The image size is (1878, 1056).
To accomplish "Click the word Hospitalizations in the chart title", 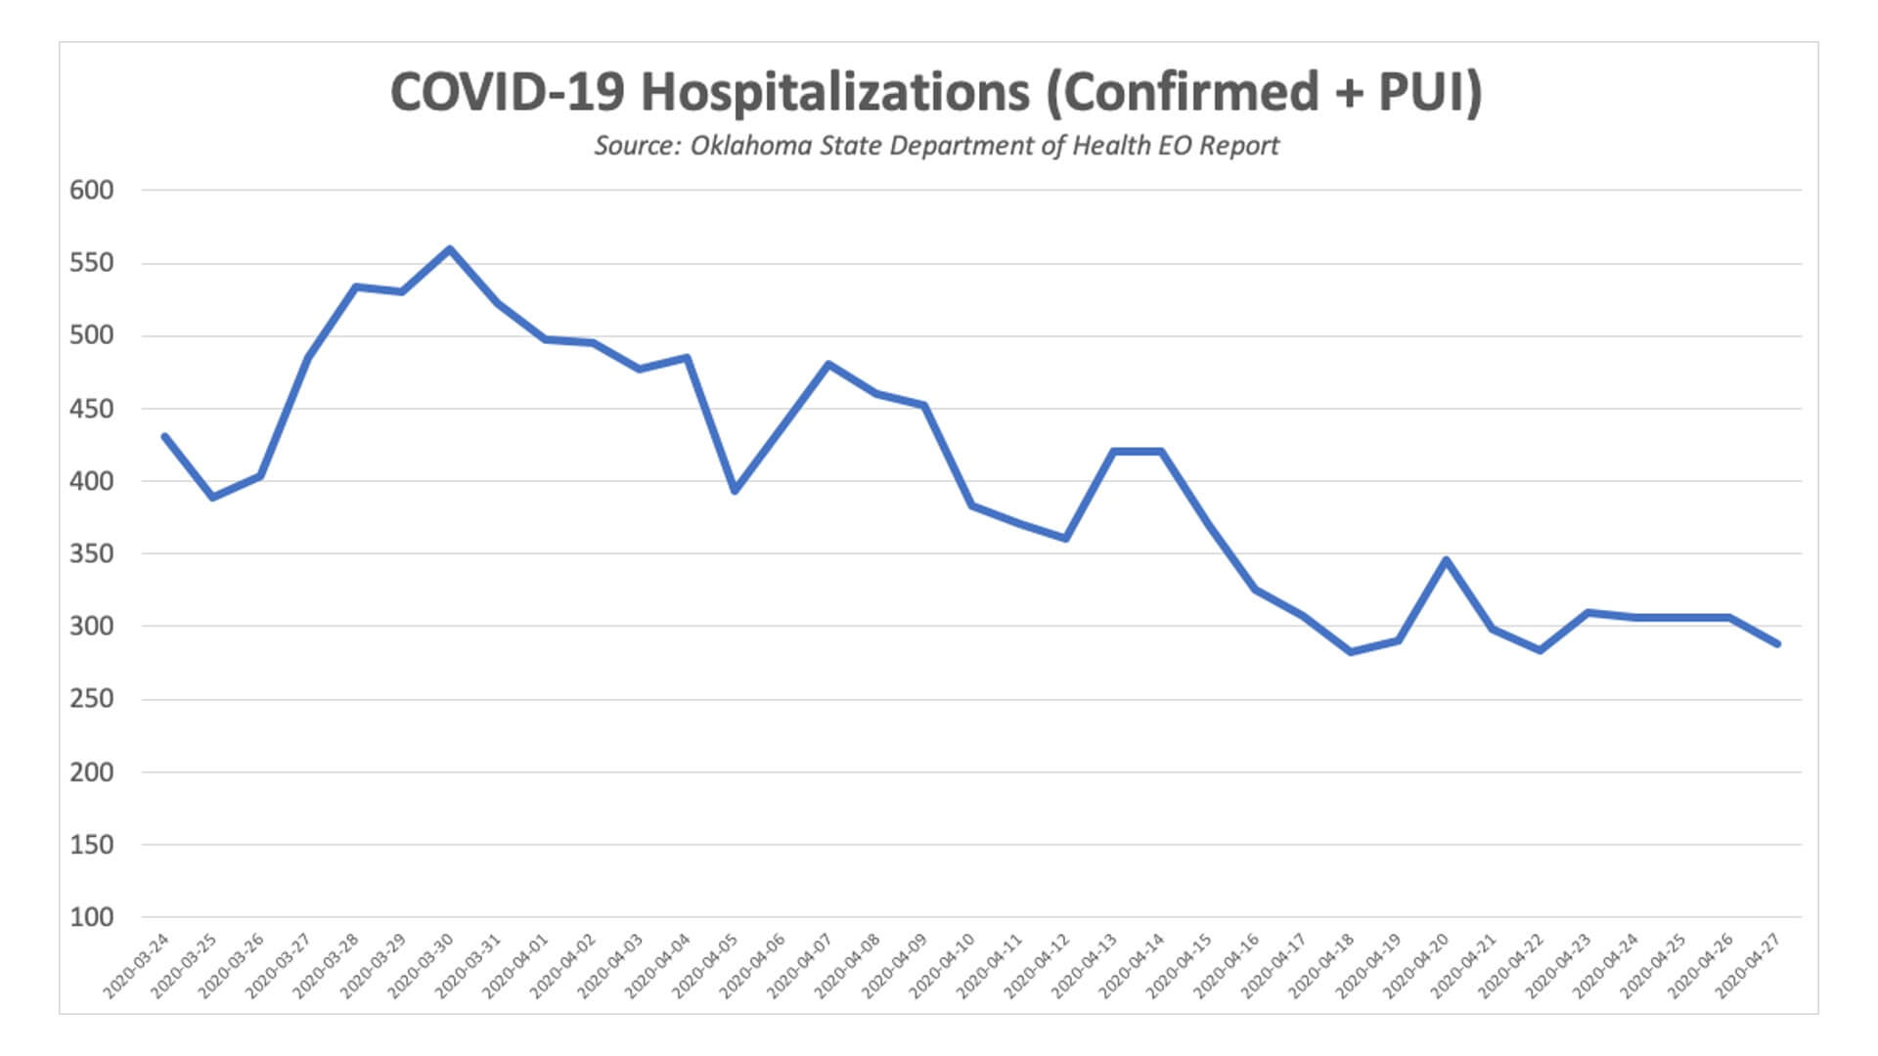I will (x=835, y=93).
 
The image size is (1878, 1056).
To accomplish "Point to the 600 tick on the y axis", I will (x=91, y=190).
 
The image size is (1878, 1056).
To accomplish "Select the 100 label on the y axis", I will (x=91, y=917).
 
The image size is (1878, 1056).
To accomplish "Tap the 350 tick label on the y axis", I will (x=91, y=553).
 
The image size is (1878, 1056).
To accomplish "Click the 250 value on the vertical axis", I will (x=91, y=699).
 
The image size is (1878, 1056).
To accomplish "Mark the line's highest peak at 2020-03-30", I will (x=450, y=248).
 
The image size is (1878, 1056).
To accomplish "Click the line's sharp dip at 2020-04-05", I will (x=735, y=491).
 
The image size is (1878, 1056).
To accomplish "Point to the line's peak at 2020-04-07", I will (x=829, y=364).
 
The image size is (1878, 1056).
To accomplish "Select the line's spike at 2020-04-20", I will (x=1446, y=559).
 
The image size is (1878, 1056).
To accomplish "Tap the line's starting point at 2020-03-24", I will (x=164, y=436).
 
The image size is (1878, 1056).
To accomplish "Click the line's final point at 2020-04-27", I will (x=1777, y=643).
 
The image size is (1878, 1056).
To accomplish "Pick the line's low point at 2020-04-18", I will (x=1351, y=651).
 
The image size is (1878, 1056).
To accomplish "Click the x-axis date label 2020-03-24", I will (x=137, y=966).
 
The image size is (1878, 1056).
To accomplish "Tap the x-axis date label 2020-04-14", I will (x=1133, y=966).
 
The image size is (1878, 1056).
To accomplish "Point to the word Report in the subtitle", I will (x=1239, y=146).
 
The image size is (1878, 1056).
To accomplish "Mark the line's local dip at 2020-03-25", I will (x=212, y=498).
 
